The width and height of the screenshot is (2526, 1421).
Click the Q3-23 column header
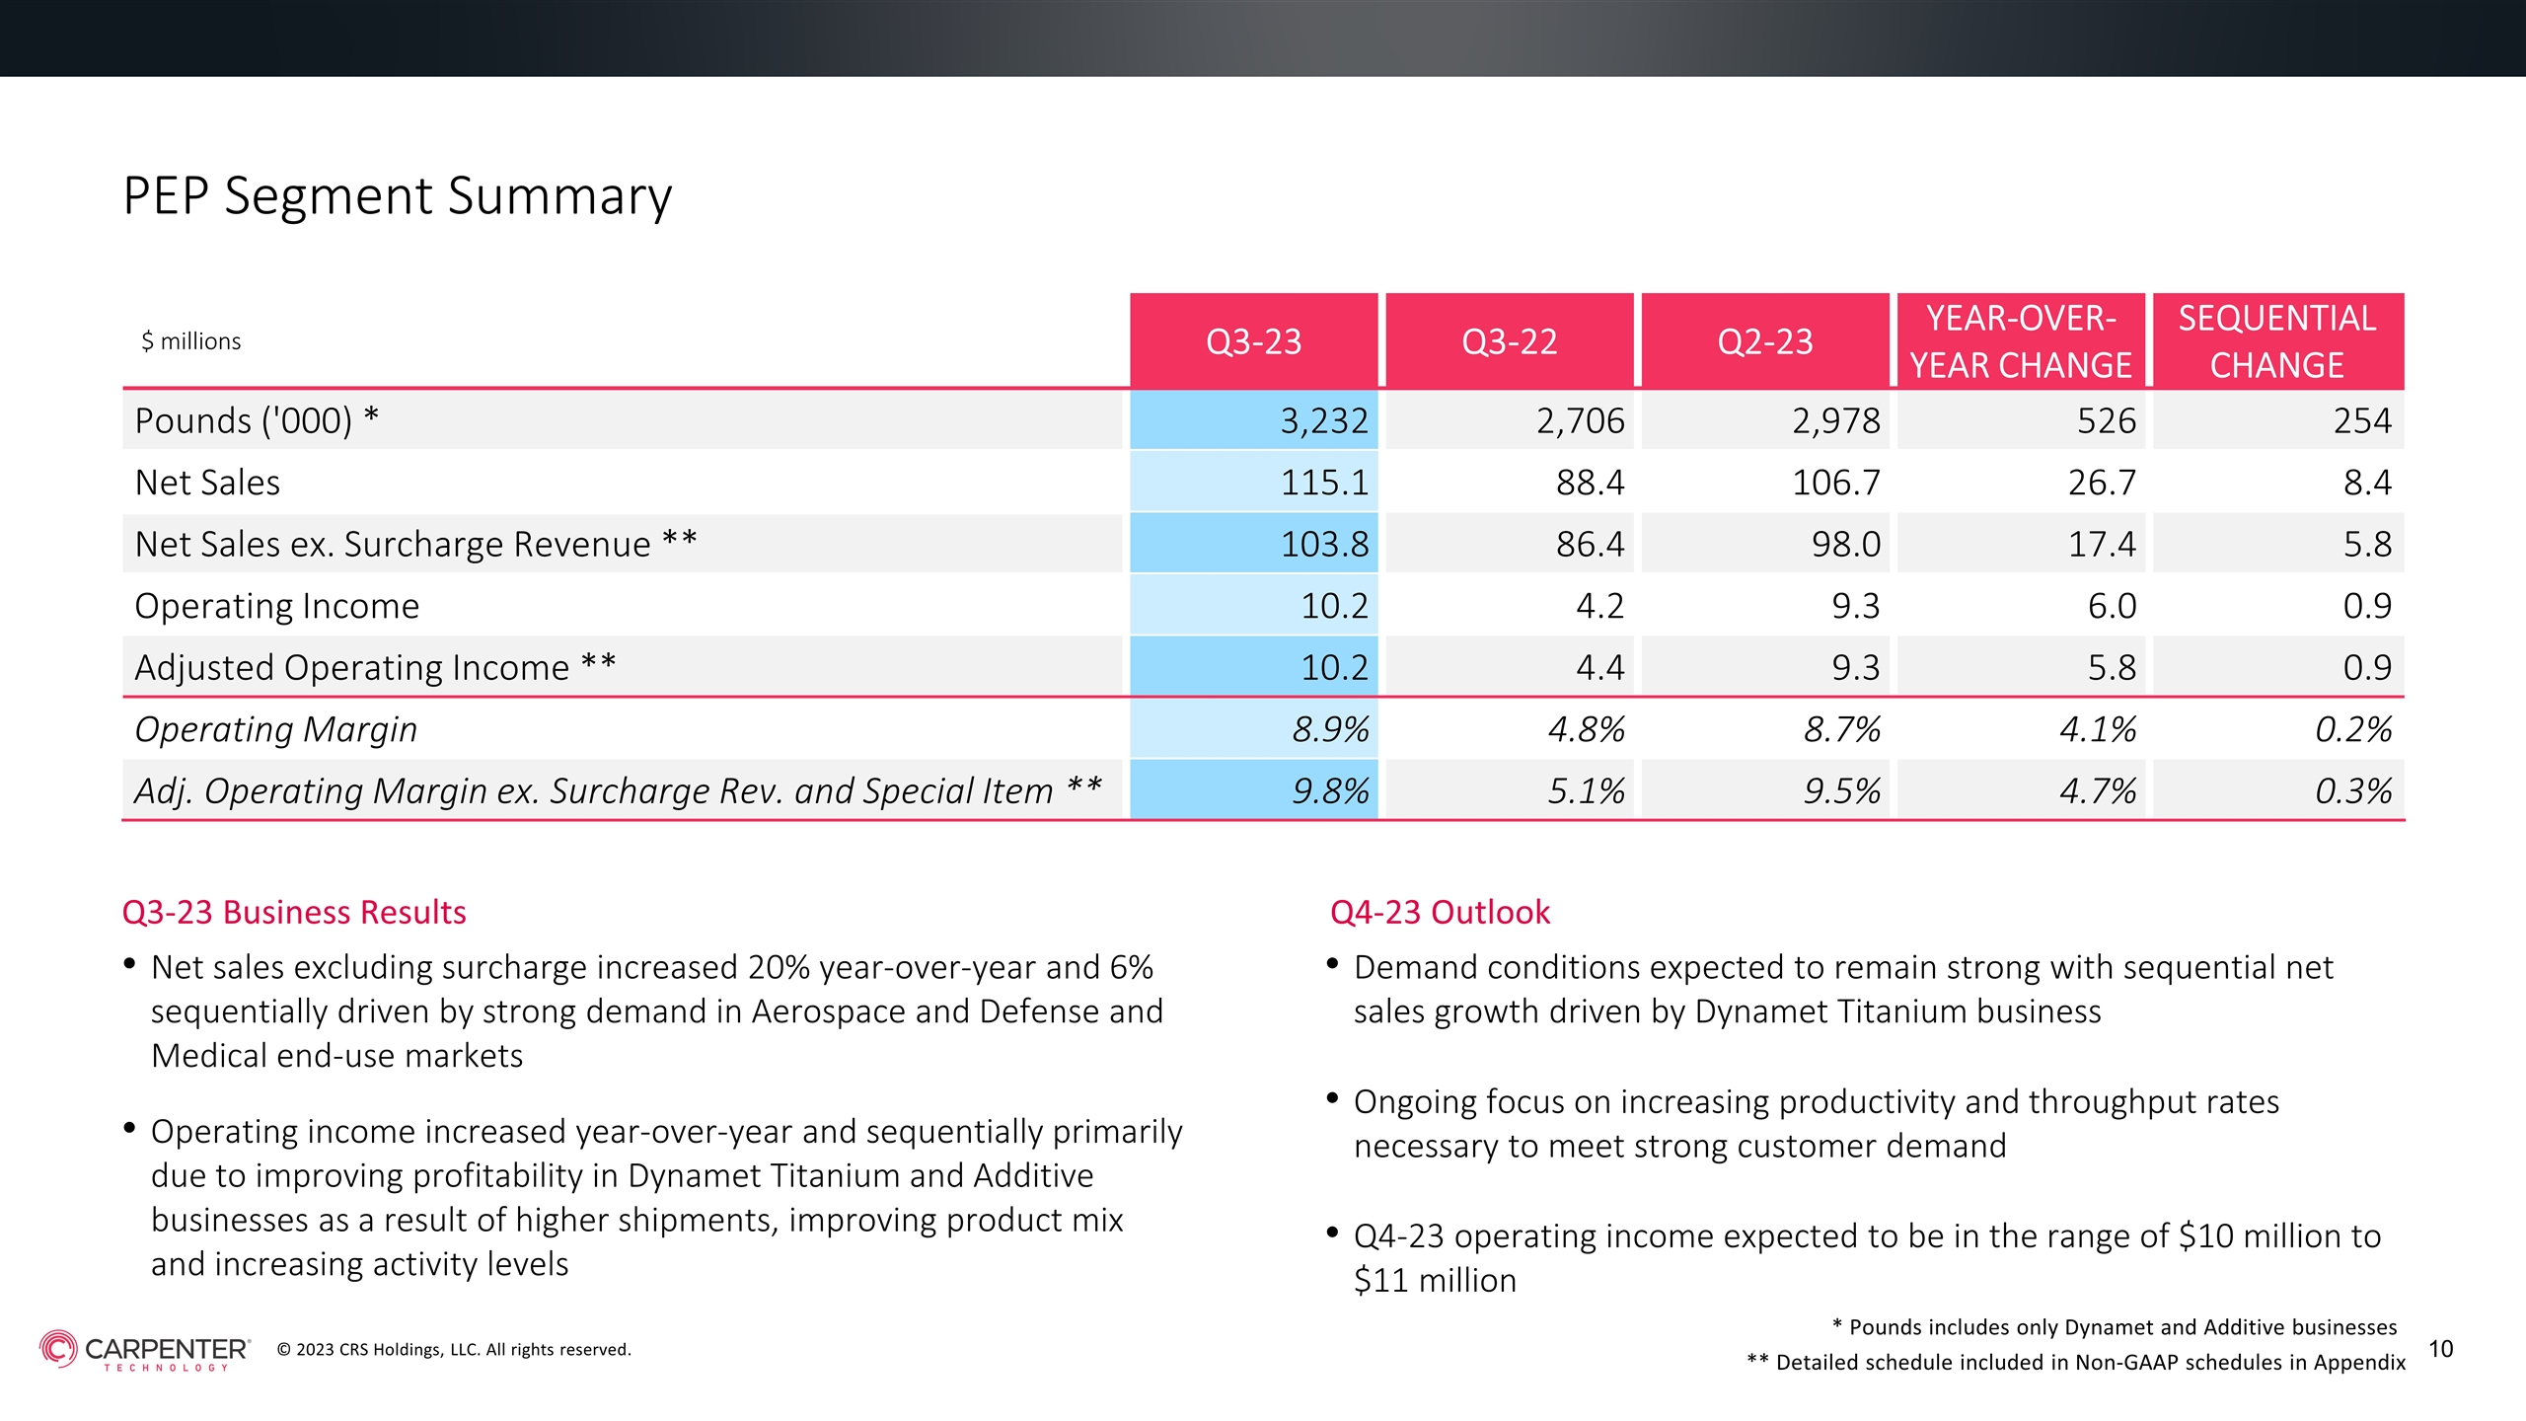coord(1253,341)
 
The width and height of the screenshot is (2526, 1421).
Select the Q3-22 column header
coord(1509,341)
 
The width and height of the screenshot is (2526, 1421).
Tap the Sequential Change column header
coord(2276,341)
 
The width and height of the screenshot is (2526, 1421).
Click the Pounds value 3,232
coord(1324,421)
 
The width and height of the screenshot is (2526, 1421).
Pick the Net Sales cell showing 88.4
coord(1590,483)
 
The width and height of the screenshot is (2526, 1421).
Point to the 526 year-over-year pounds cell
coord(2107,421)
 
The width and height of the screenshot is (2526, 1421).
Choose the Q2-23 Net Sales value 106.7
coord(1836,483)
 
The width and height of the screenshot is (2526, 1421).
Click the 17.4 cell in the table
coord(2102,544)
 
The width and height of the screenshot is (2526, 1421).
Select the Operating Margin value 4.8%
coord(1587,729)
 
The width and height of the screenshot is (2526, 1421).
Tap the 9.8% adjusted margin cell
coord(1331,790)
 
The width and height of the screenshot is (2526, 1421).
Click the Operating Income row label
coord(277,606)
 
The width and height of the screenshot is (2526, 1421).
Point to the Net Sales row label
coord(207,483)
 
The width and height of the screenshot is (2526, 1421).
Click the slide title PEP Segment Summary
coord(398,196)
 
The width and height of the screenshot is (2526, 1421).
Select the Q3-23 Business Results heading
coord(294,912)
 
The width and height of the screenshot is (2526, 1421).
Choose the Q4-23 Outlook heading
coord(1440,912)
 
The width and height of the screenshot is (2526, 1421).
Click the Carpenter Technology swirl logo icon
coord(58,1348)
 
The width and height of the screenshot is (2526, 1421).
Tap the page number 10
coord(2440,1349)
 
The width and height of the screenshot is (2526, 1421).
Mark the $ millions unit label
coord(191,341)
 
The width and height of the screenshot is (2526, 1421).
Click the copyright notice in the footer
coord(454,1349)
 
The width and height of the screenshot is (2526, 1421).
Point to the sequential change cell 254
coord(2362,421)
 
